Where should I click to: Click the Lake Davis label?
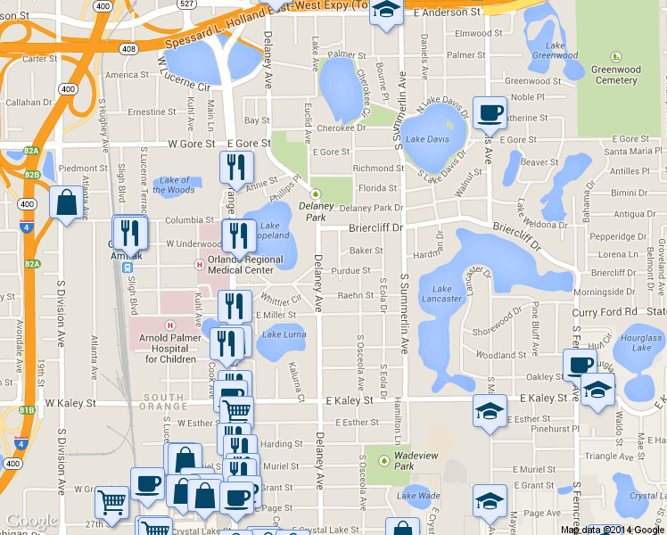[x=427, y=139]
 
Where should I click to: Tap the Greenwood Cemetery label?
[x=615, y=74]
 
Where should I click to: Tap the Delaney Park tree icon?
[x=314, y=193]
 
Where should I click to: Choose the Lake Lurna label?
[x=284, y=334]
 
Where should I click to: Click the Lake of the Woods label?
[x=174, y=185]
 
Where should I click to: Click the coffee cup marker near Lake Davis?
[x=489, y=112]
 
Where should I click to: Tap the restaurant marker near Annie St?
[x=236, y=167]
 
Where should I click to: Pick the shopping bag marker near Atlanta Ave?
[x=66, y=202]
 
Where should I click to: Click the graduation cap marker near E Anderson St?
[x=385, y=11]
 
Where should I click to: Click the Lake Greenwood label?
[x=548, y=50]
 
